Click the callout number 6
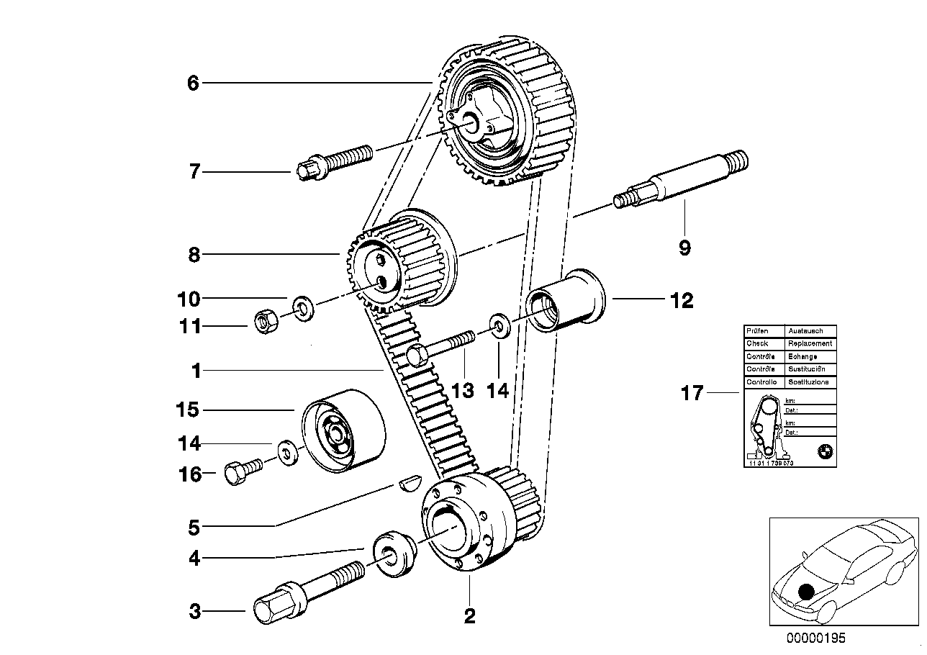(x=192, y=83)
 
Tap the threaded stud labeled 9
(x=683, y=181)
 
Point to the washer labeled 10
(x=303, y=310)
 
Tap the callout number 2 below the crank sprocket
(x=469, y=617)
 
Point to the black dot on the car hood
(x=807, y=592)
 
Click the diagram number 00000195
(x=815, y=638)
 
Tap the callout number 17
(x=692, y=394)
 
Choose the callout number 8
(x=193, y=254)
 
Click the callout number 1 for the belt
(x=195, y=371)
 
